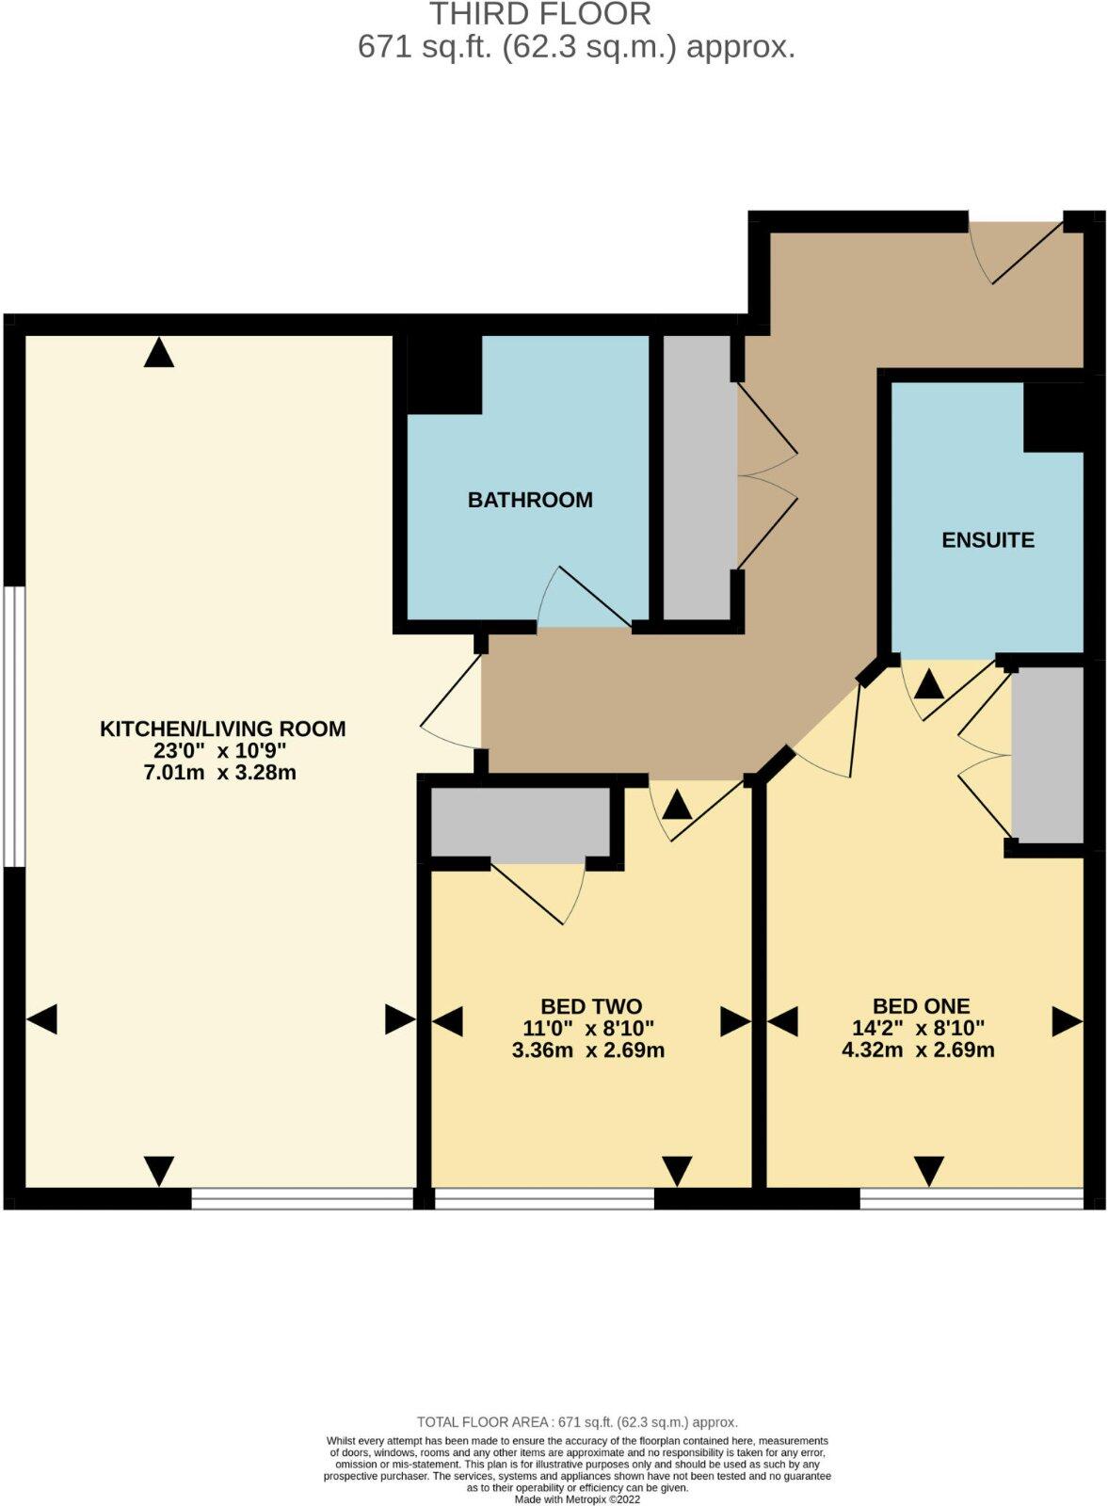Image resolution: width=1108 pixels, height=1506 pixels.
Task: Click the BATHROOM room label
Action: pyautogui.click(x=530, y=500)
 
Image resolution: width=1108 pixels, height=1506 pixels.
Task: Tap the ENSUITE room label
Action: pyautogui.click(x=988, y=540)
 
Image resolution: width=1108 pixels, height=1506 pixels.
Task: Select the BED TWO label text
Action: pyautogui.click(x=591, y=1006)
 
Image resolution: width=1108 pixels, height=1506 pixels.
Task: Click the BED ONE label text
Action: pyautogui.click(x=921, y=1006)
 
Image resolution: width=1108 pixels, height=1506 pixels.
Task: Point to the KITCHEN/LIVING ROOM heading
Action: pyautogui.click(x=223, y=729)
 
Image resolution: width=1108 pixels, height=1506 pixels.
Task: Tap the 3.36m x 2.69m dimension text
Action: pyautogui.click(x=588, y=1050)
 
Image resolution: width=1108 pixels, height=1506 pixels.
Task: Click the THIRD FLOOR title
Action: pyautogui.click(x=540, y=14)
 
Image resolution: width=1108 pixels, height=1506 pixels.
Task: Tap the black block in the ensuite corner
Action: pyautogui.click(x=1053, y=417)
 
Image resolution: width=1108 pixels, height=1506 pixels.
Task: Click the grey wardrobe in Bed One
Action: pyautogui.click(x=1047, y=756)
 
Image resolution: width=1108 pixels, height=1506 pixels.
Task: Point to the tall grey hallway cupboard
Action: pyautogui.click(x=699, y=477)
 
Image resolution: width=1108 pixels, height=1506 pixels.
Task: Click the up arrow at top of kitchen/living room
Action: pyautogui.click(x=159, y=353)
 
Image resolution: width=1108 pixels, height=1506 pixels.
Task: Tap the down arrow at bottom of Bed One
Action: pyautogui.click(x=929, y=1171)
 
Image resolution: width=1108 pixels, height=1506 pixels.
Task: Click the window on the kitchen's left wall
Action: pyautogui.click(x=12, y=726)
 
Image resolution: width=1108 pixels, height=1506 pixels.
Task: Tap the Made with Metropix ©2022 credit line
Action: pyautogui.click(x=577, y=1500)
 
